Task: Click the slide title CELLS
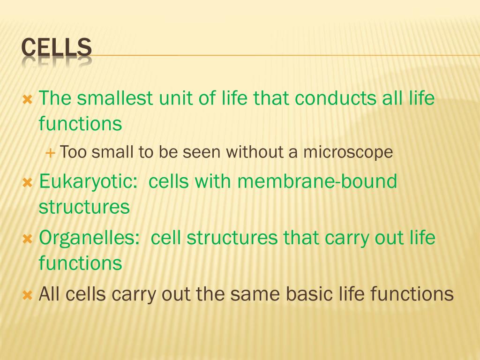point(57,48)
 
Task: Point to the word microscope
point(347,152)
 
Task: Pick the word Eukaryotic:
point(88,181)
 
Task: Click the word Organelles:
point(90,238)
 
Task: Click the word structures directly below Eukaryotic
point(84,207)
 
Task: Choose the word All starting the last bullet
point(50,294)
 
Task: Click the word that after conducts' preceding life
point(271,98)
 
